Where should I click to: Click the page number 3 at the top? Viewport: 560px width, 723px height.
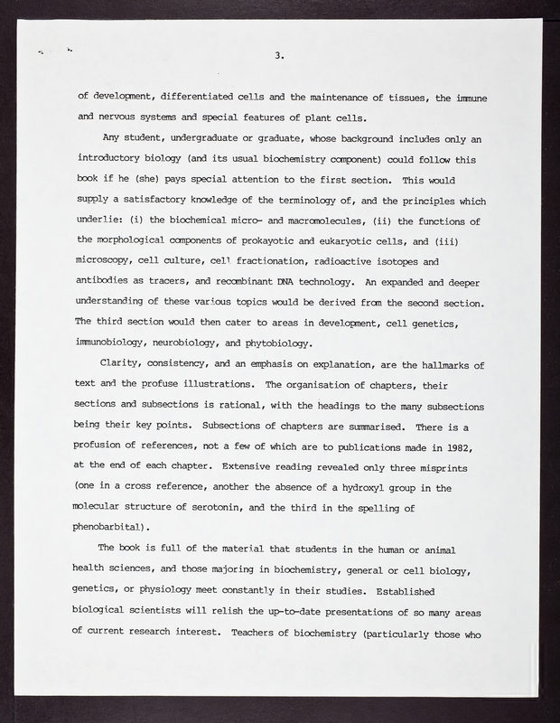click(280, 57)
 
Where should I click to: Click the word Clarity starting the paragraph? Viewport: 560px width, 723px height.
click(124, 364)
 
